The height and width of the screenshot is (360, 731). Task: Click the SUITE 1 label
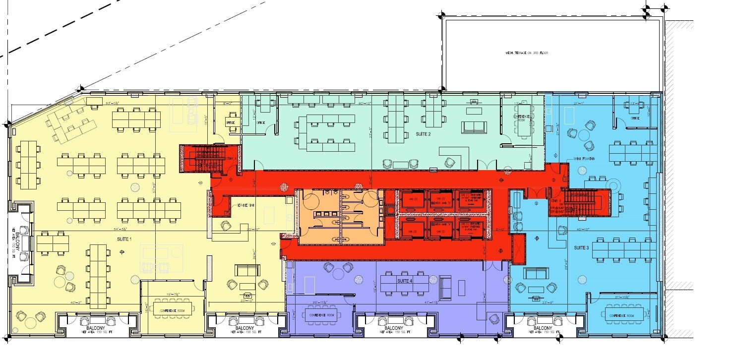click(x=124, y=240)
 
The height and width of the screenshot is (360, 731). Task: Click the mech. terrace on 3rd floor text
click(x=527, y=53)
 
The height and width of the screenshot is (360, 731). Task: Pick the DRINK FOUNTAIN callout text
click(x=585, y=159)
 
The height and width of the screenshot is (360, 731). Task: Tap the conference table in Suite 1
click(x=173, y=311)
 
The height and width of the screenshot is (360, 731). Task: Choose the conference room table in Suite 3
click(x=623, y=315)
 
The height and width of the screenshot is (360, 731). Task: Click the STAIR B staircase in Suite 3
click(x=581, y=203)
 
